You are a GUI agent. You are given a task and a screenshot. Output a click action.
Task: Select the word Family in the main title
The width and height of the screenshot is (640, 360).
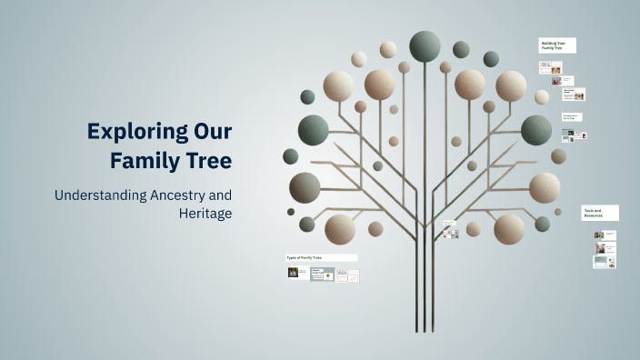coord(142,161)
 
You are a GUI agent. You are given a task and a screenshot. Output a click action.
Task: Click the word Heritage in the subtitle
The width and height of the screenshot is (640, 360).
coord(205,213)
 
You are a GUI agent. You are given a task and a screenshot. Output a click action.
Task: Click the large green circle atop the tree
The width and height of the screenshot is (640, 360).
coord(425,45)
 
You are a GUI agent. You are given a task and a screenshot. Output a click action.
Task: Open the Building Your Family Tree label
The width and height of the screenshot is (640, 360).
coord(557,45)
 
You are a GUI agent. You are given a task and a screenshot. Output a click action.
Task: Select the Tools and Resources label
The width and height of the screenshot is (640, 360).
coord(601,213)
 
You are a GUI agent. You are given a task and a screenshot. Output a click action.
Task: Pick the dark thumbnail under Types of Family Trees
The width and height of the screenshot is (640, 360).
coord(294,272)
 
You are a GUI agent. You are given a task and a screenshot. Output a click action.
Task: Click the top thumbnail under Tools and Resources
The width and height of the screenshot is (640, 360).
coord(600,235)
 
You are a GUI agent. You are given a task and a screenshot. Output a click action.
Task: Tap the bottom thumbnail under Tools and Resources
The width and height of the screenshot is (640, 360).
coord(601,262)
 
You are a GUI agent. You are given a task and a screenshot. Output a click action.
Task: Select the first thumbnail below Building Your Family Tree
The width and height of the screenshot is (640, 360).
coord(551,68)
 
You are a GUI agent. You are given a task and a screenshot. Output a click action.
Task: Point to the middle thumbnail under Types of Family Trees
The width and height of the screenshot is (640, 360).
coord(322,274)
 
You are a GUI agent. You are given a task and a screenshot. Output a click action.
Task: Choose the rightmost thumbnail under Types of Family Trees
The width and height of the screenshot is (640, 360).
coord(347,275)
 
